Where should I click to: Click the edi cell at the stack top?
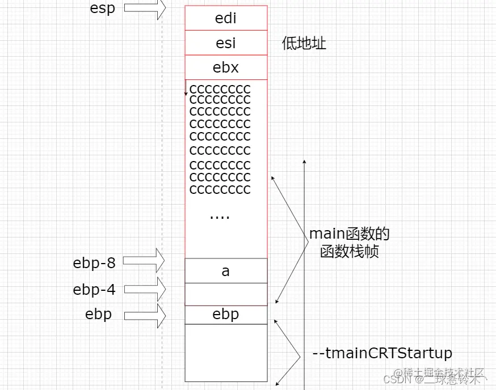(x=225, y=18)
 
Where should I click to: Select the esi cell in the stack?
(x=225, y=43)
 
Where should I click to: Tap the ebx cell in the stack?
(x=225, y=67)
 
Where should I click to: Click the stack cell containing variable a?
(x=225, y=271)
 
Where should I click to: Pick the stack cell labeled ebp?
(x=225, y=314)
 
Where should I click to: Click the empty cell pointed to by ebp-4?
(x=225, y=294)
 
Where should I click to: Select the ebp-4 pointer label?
(x=94, y=290)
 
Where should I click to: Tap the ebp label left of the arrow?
(x=98, y=314)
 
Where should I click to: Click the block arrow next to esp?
(x=144, y=8)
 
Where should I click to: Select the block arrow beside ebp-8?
(x=144, y=261)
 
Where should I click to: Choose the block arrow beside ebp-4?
(x=144, y=289)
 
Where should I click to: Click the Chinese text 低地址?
(x=304, y=43)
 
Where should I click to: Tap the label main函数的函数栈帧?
(x=350, y=243)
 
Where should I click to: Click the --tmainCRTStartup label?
(x=382, y=354)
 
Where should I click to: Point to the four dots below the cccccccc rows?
(x=220, y=215)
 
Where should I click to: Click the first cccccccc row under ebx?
(x=220, y=89)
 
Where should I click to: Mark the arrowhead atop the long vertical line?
(x=305, y=163)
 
